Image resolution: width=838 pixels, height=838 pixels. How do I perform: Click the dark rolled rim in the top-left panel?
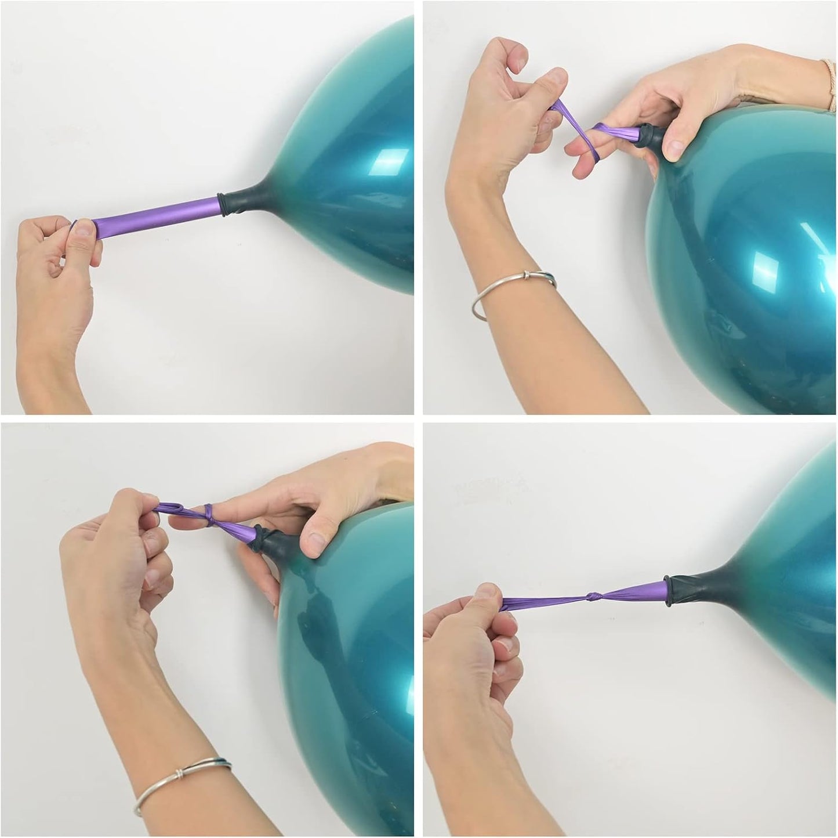tap(222, 206)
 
